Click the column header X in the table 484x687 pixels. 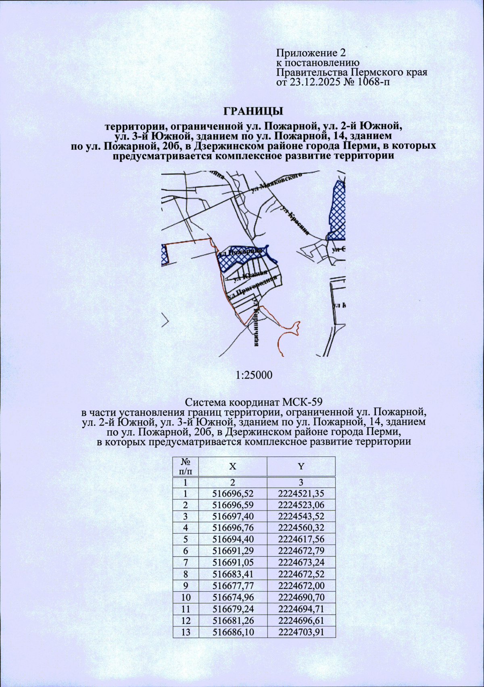click(233, 466)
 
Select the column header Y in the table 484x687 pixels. click(301, 466)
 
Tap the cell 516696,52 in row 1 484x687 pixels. click(233, 493)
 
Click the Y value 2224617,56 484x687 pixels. click(301, 539)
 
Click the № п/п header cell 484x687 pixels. click(186, 466)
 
